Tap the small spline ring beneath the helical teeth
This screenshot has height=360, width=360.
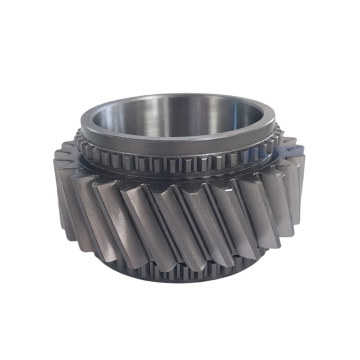coord(180,272)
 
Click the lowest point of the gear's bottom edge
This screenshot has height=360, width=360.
coord(180,283)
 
